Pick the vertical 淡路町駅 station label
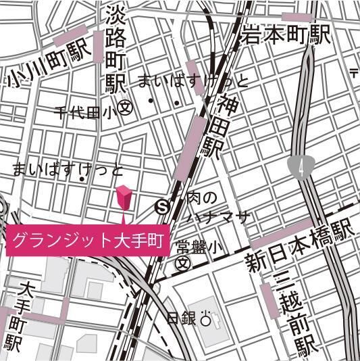pos(116,51)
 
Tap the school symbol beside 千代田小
pos(124,107)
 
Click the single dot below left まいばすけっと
pos(82,179)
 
